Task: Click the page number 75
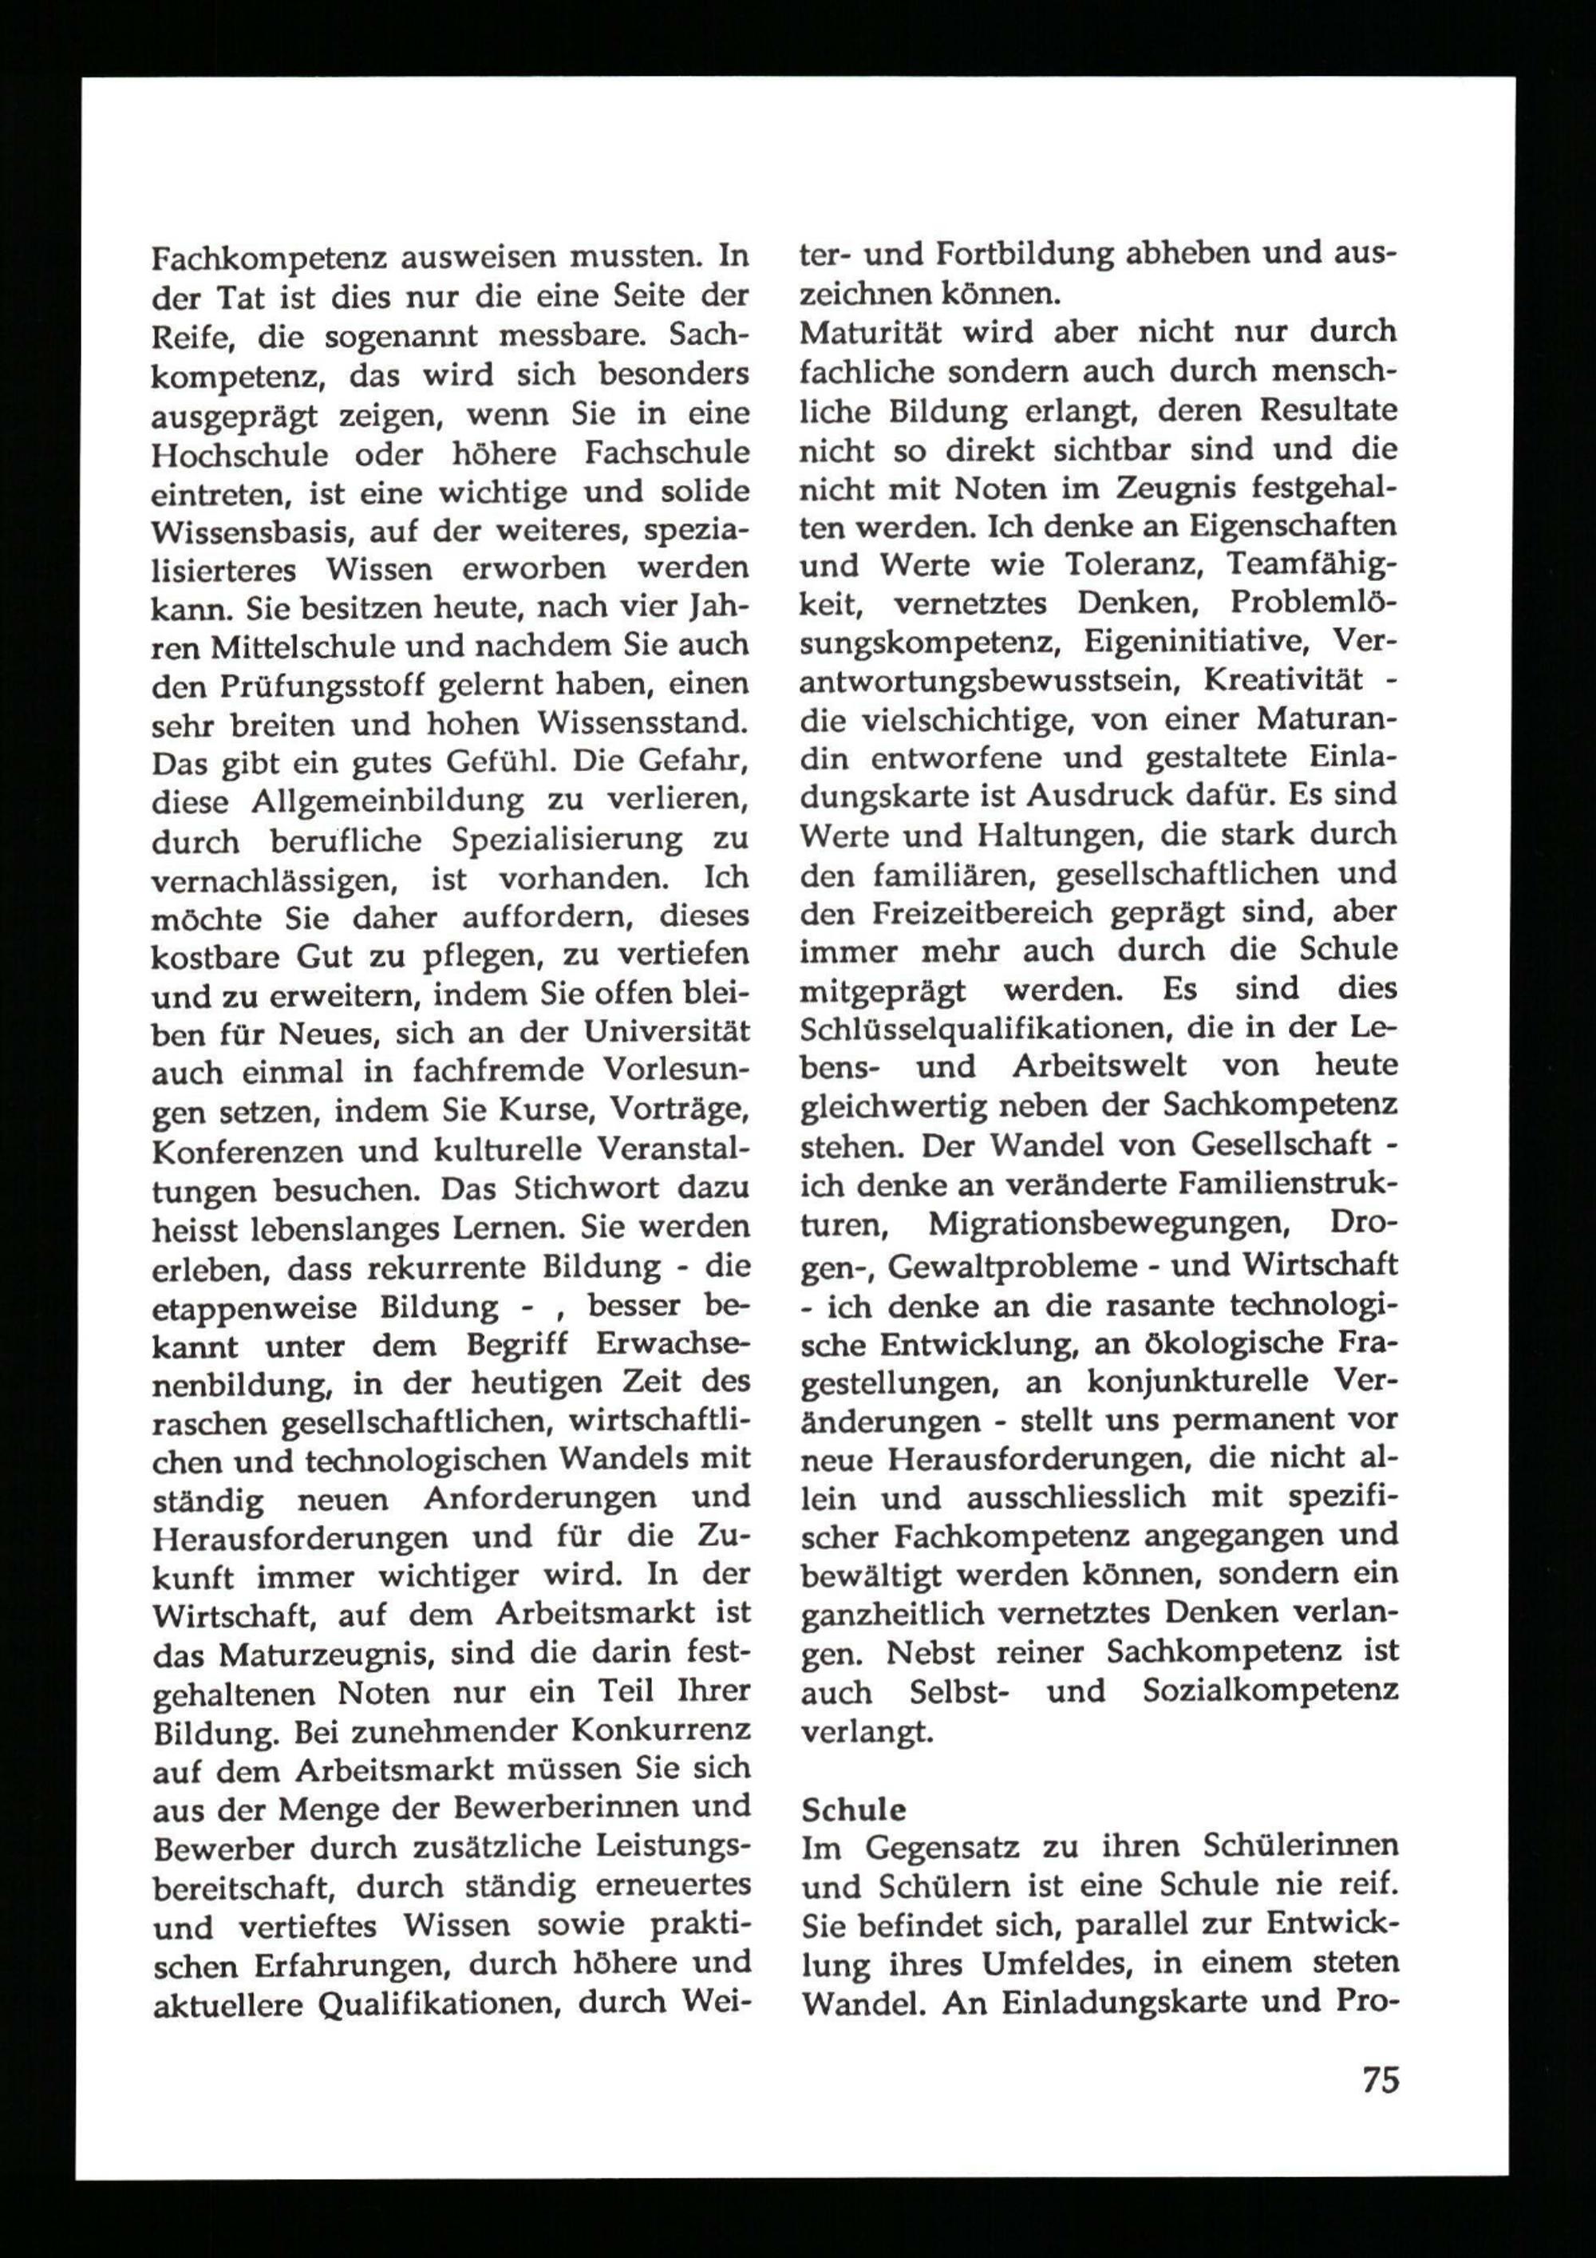1380,2080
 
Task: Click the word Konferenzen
246,1149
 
